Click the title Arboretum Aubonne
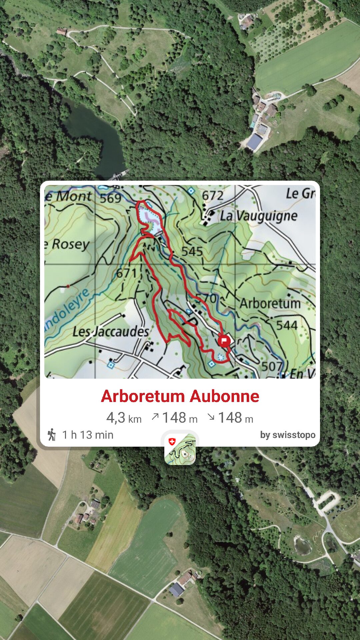(180, 396)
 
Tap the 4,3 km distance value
(124, 418)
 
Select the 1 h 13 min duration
(88, 435)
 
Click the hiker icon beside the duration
(52, 435)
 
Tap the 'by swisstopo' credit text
(288, 435)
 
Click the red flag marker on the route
(224, 341)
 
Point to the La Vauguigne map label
(258, 216)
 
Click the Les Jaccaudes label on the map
(111, 332)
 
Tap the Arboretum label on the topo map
(270, 303)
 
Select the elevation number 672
(213, 195)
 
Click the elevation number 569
(110, 198)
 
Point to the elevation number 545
(192, 251)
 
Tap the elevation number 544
(287, 325)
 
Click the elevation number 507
(272, 366)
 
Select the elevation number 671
(126, 274)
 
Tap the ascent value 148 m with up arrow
(174, 418)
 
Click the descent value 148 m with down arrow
(230, 418)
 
